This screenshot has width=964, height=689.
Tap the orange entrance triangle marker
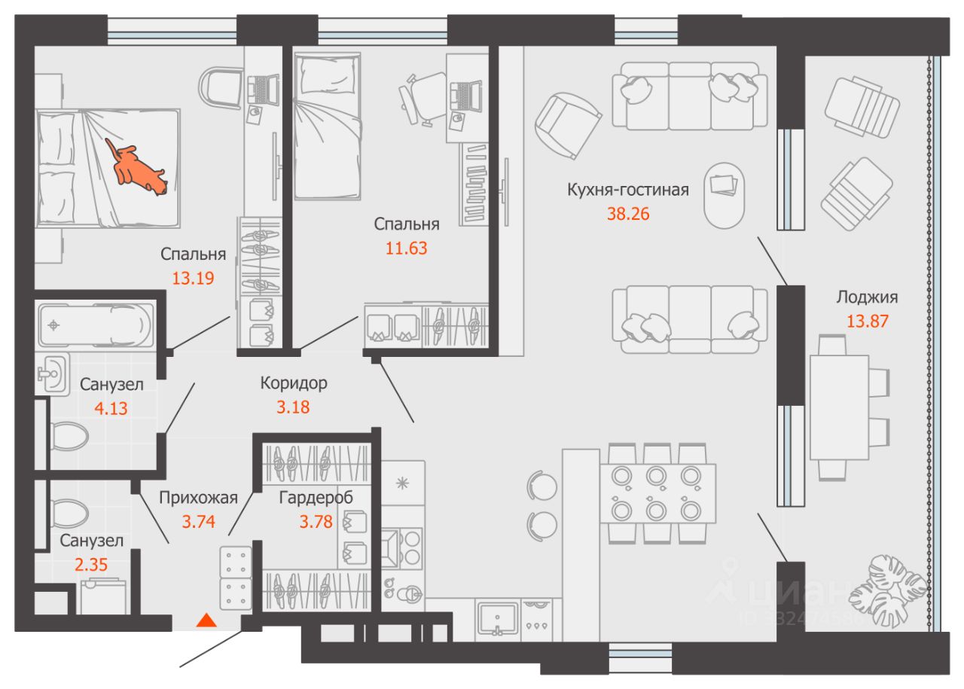pos(206,620)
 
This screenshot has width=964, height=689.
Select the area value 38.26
pos(628,214)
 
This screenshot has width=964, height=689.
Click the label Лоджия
pos(867,297)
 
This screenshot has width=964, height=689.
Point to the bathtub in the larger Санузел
pos(96,325)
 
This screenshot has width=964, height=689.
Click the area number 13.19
pos(193,278)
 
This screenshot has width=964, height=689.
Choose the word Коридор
pos(294,383)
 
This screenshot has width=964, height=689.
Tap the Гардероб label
pos(316,498)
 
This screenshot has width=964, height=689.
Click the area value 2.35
pos(91,565)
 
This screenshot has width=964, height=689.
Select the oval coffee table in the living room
pos(724,195)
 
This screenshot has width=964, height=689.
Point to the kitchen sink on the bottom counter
pos(498,619)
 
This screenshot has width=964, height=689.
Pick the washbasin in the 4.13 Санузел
pos(53,373)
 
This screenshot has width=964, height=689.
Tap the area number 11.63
pos(406,248)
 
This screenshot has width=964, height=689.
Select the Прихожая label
pos(198,498)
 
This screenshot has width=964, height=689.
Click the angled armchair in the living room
pos(567,126)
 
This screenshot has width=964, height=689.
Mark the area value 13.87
pos(867,322)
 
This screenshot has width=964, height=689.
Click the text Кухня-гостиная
pos(627,190)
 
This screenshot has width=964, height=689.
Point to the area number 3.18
pos(293,407)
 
